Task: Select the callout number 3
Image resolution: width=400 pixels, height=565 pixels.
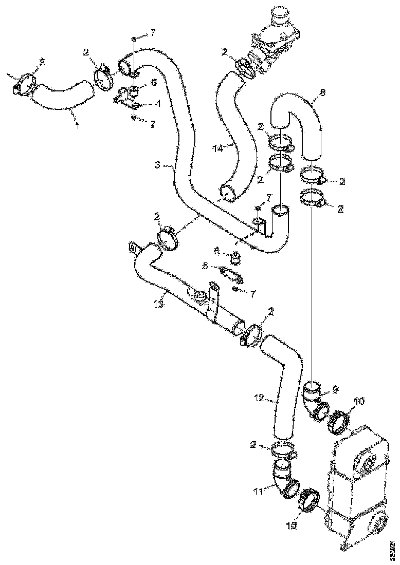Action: tap(157, 165)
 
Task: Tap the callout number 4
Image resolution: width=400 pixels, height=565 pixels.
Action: tap(158, 103)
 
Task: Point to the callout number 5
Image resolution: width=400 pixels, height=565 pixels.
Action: tap(205, 267)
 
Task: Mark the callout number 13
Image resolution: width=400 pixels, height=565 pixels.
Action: tap(160, 305)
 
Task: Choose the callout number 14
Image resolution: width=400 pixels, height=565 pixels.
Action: tap(216, 148)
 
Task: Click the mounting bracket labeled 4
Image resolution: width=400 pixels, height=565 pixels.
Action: tap(126, 99)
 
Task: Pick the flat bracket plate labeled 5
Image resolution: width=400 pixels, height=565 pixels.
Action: tap(231, 274)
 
